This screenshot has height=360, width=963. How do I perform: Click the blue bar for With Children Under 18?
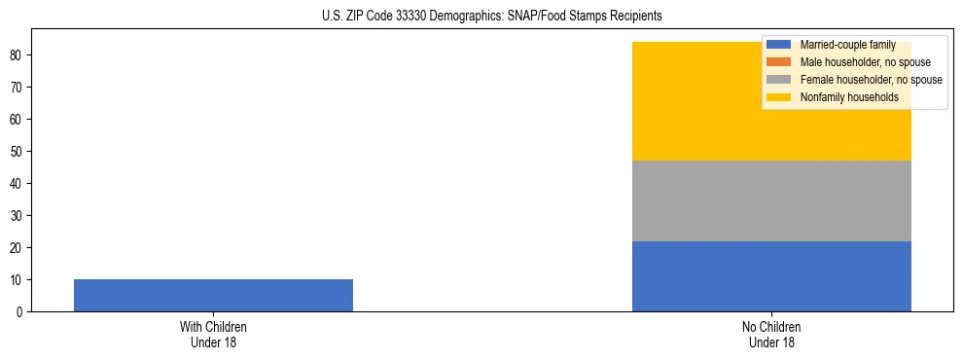(213, 295)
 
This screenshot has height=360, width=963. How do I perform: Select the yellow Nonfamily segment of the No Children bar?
(771, 101)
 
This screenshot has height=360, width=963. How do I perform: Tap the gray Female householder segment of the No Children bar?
(771, 200)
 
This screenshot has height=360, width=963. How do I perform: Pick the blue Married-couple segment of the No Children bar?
(771, 276)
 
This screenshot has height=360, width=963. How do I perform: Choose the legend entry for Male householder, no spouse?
(865, 62)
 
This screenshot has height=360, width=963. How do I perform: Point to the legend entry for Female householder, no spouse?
(871, 80)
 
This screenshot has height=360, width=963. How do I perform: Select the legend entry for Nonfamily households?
(848, 97)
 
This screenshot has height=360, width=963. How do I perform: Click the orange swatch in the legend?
(779, 62)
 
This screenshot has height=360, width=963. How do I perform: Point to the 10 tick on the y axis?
(19, 279)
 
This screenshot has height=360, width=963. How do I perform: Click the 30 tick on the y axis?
(19, 215)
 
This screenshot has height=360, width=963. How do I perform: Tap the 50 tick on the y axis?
(19, 151)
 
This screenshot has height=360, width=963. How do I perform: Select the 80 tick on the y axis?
(19, 54)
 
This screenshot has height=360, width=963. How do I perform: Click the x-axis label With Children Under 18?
(213, 334)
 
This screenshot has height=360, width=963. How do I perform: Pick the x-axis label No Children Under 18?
(771, 334)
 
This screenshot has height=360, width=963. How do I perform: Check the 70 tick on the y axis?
(19, 87)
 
